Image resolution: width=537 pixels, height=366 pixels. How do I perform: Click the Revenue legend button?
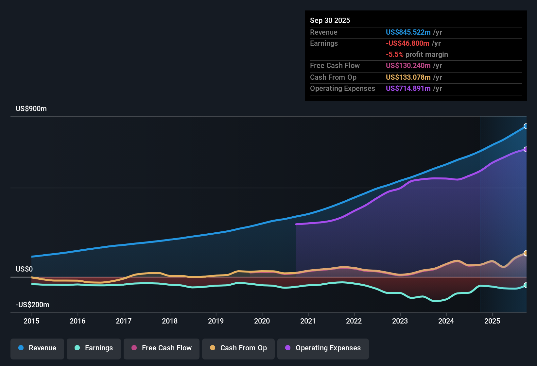pyautogui.click(x=37, y=348)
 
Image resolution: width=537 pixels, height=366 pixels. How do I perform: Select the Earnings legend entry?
pyautogui.click(x=94, y=348)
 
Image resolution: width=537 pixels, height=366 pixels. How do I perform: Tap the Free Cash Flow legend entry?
pyautogui.click(x=162, y=348)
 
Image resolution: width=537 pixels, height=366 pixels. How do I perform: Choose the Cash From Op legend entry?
pyautogui.click(x=238, y=348)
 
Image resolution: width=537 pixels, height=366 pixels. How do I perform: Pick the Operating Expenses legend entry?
pyautogui.click(x=323, y=348)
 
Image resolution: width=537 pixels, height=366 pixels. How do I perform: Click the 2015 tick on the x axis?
pyautogui.click(x=31, y=321)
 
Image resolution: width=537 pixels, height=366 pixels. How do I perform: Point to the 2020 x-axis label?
pyautogui.click(x=262, y=321)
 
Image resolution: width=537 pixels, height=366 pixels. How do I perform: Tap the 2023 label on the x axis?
pyautogui.click(x=400, y=321)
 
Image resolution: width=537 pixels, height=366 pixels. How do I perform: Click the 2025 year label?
pyautogui.click(x=492, y=321)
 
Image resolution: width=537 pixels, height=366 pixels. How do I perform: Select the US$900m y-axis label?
pyautogui.click(x=31, y=109)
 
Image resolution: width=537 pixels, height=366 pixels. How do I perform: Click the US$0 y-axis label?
pyautogui.click(x=24, y=269)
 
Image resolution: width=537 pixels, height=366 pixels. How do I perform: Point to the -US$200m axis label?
pyautogui.click(x=32, y=305)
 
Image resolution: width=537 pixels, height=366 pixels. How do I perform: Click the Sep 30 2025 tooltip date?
pyautogui.click(x=330, y=21)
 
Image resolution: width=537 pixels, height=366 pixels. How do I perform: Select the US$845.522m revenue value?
pyautogui.click(x=408, y=32)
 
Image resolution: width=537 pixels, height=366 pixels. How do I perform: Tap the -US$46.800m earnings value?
pyautogui.click(x=407, y=43)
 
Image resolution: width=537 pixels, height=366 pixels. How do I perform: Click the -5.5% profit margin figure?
pyautogui.click(x=394, y=55)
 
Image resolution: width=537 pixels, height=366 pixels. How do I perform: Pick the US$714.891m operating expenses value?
pyautogui.click(x=408, y=89)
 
